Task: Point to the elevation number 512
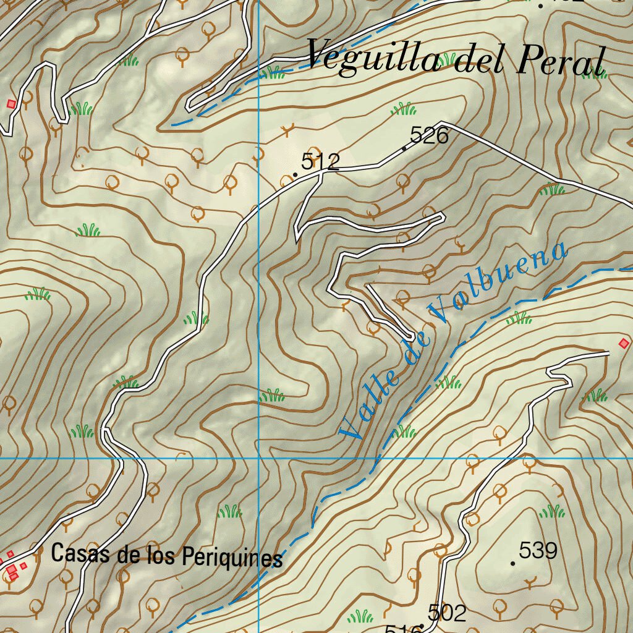point(320,163)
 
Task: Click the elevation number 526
point(429,136)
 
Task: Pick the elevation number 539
point(538,550)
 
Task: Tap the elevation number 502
point(446,613)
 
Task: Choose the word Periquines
point(232,558)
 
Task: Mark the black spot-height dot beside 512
point(295,175)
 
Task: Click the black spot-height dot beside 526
point(404,148)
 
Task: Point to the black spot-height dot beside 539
point(513,563)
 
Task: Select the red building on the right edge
point(624,342)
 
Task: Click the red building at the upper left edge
point(11,104)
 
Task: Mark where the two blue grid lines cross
point(258,458)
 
